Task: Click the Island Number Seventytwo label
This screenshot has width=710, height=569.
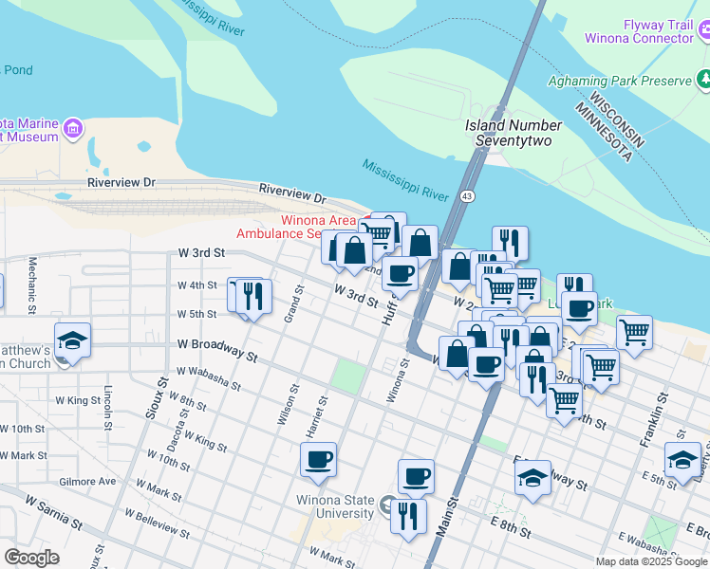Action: tap(514, 133)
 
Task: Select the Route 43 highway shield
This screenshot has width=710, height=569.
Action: tap(467, 195)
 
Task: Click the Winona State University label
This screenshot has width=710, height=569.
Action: tap(337, 506)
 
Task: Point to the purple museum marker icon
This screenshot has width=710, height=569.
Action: tap(73, 127)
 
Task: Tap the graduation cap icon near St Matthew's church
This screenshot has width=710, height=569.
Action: tap(72, 340)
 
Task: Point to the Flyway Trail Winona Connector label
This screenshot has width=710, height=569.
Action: tap(658, 32)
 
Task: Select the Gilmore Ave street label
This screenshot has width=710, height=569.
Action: tap(86, 482)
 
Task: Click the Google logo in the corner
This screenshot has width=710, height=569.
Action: tap(31, 557)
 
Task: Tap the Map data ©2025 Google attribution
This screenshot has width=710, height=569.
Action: tap(650, 561)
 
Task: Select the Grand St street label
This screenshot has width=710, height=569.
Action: tap(293, 305)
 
